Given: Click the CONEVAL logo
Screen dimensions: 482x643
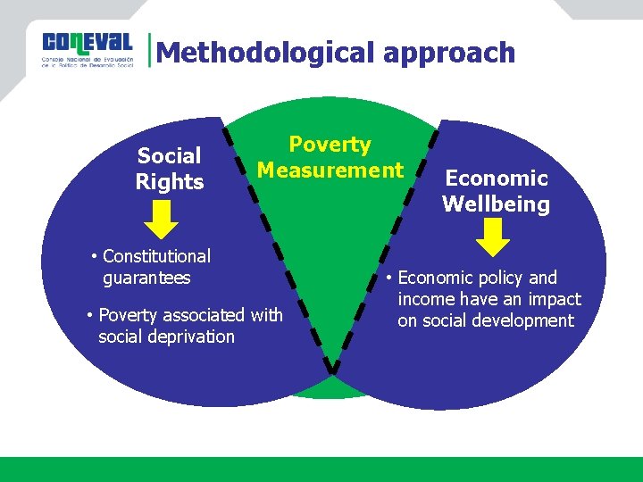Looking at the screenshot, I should [x=87, y=52].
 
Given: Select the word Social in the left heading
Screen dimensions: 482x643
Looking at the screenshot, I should [x=170, y=156].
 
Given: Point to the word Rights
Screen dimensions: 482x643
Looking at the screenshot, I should [x=170, y=182].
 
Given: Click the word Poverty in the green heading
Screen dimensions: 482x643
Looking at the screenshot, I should [x=330, y=145].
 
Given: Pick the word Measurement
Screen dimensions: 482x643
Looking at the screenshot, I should [x=330, y=170].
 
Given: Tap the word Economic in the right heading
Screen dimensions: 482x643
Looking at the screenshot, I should [x=497, y=179].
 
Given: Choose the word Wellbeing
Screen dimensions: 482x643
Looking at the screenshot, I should [x=496, y=204].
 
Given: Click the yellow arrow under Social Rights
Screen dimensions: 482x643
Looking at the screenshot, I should [x=162, y=220].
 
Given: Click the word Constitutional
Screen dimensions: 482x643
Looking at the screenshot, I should [x=156, y=256].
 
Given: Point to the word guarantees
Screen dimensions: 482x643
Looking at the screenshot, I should [x=146, y=278].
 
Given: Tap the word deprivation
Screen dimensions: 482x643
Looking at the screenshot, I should [x=190, y=337].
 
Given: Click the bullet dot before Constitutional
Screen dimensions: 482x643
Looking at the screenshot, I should [x=94, y=257].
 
